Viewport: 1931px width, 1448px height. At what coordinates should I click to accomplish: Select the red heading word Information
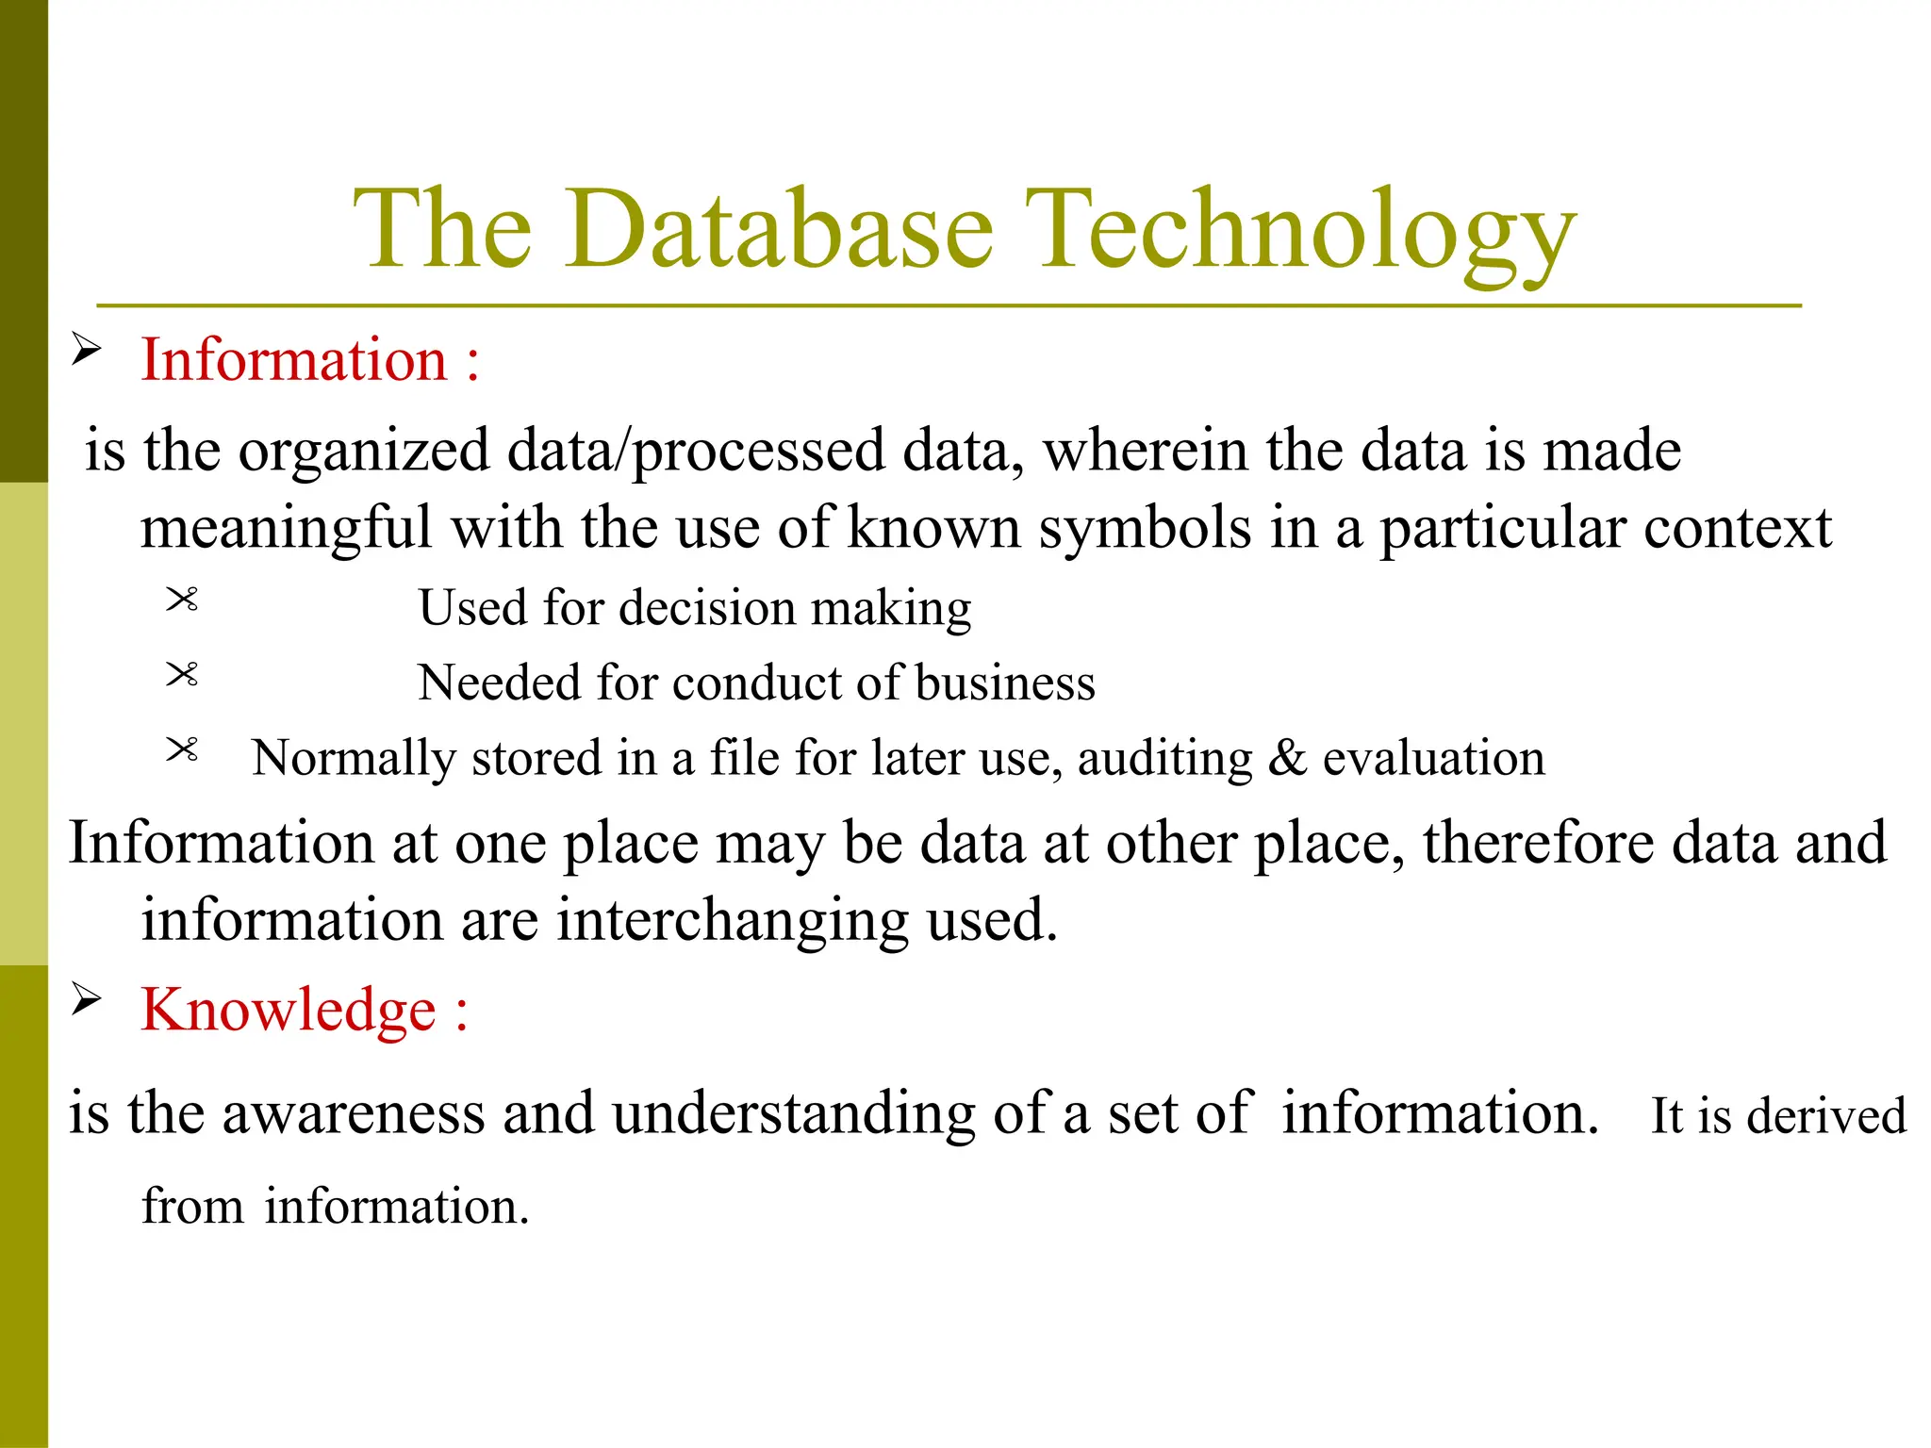pyautogui.click(x=293, y=360)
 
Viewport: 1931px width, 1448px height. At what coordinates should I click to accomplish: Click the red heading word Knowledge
pyautogui.click(x=288, y=1011)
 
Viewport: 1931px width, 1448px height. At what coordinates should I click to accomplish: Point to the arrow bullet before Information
pyautogui.click(x=86, y=350)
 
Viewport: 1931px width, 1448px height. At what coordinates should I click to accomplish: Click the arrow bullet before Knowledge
pyautogui.click(x=86, y=999)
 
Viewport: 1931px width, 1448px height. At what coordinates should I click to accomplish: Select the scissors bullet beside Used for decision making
pyautogui.click(x=182, y=600)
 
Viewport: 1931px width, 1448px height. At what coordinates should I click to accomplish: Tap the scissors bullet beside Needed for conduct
pyautogui.click(x=182, y=675)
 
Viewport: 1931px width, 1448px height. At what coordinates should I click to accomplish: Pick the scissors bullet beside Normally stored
pyautogui.click(x=182, y=750)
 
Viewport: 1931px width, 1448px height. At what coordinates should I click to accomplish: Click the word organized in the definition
pyautogui.click(x=364, y=452)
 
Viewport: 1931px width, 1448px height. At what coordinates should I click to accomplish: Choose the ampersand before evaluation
pyautogui.click(x=1287, y=758)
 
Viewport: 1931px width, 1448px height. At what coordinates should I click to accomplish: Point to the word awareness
pyautogui.click(x=353, y=1113)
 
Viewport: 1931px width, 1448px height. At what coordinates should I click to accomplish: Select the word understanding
pyautogui.click(x=793, y=1115)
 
